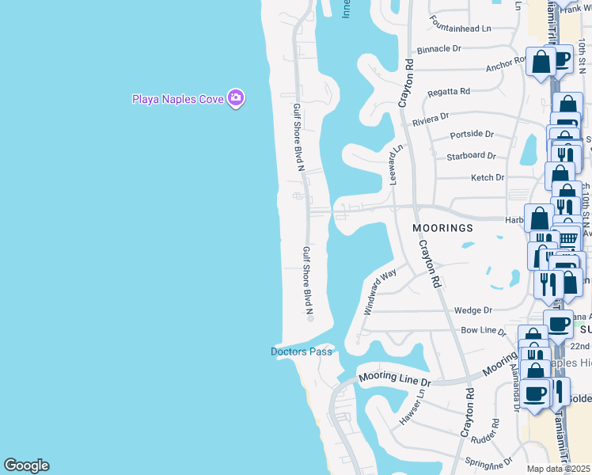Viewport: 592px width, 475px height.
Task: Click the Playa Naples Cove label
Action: coord(177,99)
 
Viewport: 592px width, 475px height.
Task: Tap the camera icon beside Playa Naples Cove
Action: coord(235,98)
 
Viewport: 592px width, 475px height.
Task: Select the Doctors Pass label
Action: coord(302,351)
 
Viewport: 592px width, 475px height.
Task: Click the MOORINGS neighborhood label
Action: coord(443,228)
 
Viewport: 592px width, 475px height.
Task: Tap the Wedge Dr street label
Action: coord(473,310)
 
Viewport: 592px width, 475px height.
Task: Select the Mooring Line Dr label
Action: coord(393,380)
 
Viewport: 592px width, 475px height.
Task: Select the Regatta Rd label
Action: coord(449,92)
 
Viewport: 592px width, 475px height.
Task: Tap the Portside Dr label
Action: coord(472,135)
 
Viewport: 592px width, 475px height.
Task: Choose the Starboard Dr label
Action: coord(470,156)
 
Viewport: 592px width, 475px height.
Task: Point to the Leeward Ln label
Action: coord(396,163)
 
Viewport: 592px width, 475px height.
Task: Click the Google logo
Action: coord(26,465)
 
